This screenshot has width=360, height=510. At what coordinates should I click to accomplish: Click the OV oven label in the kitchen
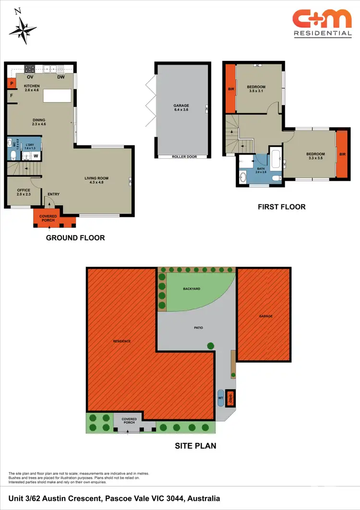click(x=30, y=77)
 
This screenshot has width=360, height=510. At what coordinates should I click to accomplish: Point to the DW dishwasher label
click(x=61, y=77)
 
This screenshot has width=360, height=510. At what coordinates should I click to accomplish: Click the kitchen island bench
click(x=57, y=95)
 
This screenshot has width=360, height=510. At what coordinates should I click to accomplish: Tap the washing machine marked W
click(x=36, y=156)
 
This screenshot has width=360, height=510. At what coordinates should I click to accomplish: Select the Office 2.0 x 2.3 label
click(x=24, y=192)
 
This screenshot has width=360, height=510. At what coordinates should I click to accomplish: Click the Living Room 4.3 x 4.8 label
click(x=98, y=180)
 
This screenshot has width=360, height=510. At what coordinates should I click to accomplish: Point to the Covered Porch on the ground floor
click(x=48, y=218)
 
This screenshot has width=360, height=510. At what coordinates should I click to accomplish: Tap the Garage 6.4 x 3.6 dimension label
click(x=181, y=107)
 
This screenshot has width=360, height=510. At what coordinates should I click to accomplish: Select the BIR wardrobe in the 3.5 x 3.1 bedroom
click(x=230, y=89)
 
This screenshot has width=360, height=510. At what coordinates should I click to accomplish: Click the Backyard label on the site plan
click(x=192, y=289)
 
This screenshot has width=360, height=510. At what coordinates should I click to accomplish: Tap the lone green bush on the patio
click(x=210, y=345)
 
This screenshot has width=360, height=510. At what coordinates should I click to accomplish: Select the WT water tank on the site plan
click(x=221, y=397)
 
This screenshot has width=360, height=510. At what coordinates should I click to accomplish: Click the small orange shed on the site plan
click(x=230, y=398)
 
